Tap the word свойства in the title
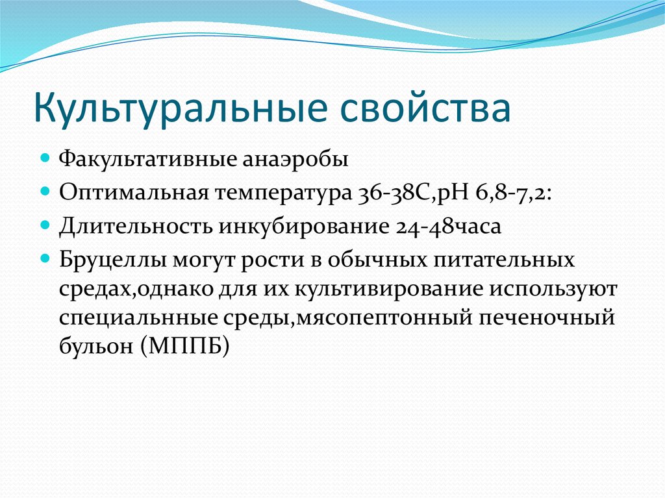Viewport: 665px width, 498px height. (x=425, y=108)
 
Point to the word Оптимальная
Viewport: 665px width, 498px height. (x=134, y=192)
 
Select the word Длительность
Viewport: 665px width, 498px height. (x=135, y=226)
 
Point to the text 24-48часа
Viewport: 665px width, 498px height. (x=448, y=227)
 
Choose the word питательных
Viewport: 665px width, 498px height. (x=504, y=259)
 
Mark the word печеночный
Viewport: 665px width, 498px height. (x=547, y=317)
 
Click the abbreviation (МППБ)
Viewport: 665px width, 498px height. (x=184, y=346)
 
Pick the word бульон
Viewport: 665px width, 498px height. (x=96, y=345)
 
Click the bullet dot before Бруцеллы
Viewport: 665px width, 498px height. (x=45, y=258)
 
